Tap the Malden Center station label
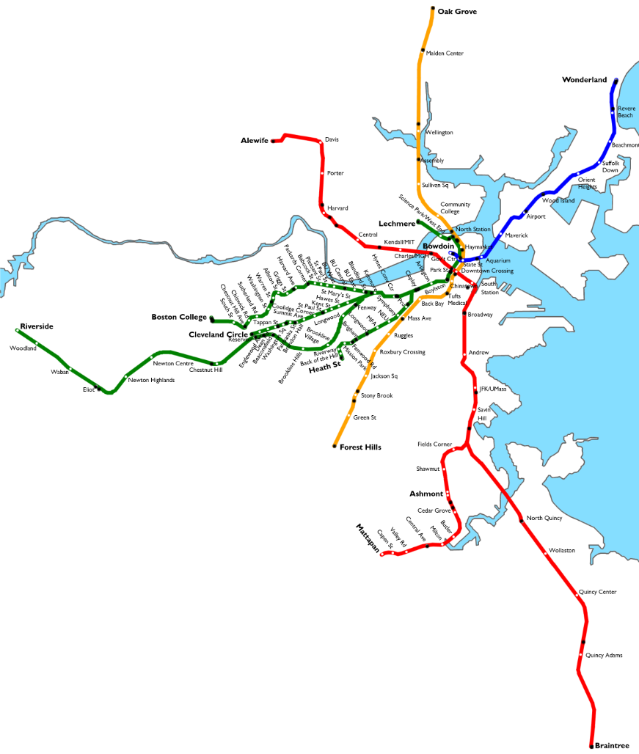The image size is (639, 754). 446,54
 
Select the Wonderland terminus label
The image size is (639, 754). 584,80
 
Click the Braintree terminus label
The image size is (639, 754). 612,745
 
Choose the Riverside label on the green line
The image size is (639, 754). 37,326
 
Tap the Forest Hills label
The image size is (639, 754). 360,447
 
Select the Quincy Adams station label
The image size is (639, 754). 605,655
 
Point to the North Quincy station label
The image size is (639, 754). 544,519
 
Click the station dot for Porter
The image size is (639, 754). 322,173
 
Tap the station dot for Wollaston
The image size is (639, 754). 545,549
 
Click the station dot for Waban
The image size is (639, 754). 70,367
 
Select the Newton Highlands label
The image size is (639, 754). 151,380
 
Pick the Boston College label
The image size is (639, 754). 179,317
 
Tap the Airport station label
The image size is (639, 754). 536,216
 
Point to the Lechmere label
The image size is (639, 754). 396,224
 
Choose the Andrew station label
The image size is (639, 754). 478,353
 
